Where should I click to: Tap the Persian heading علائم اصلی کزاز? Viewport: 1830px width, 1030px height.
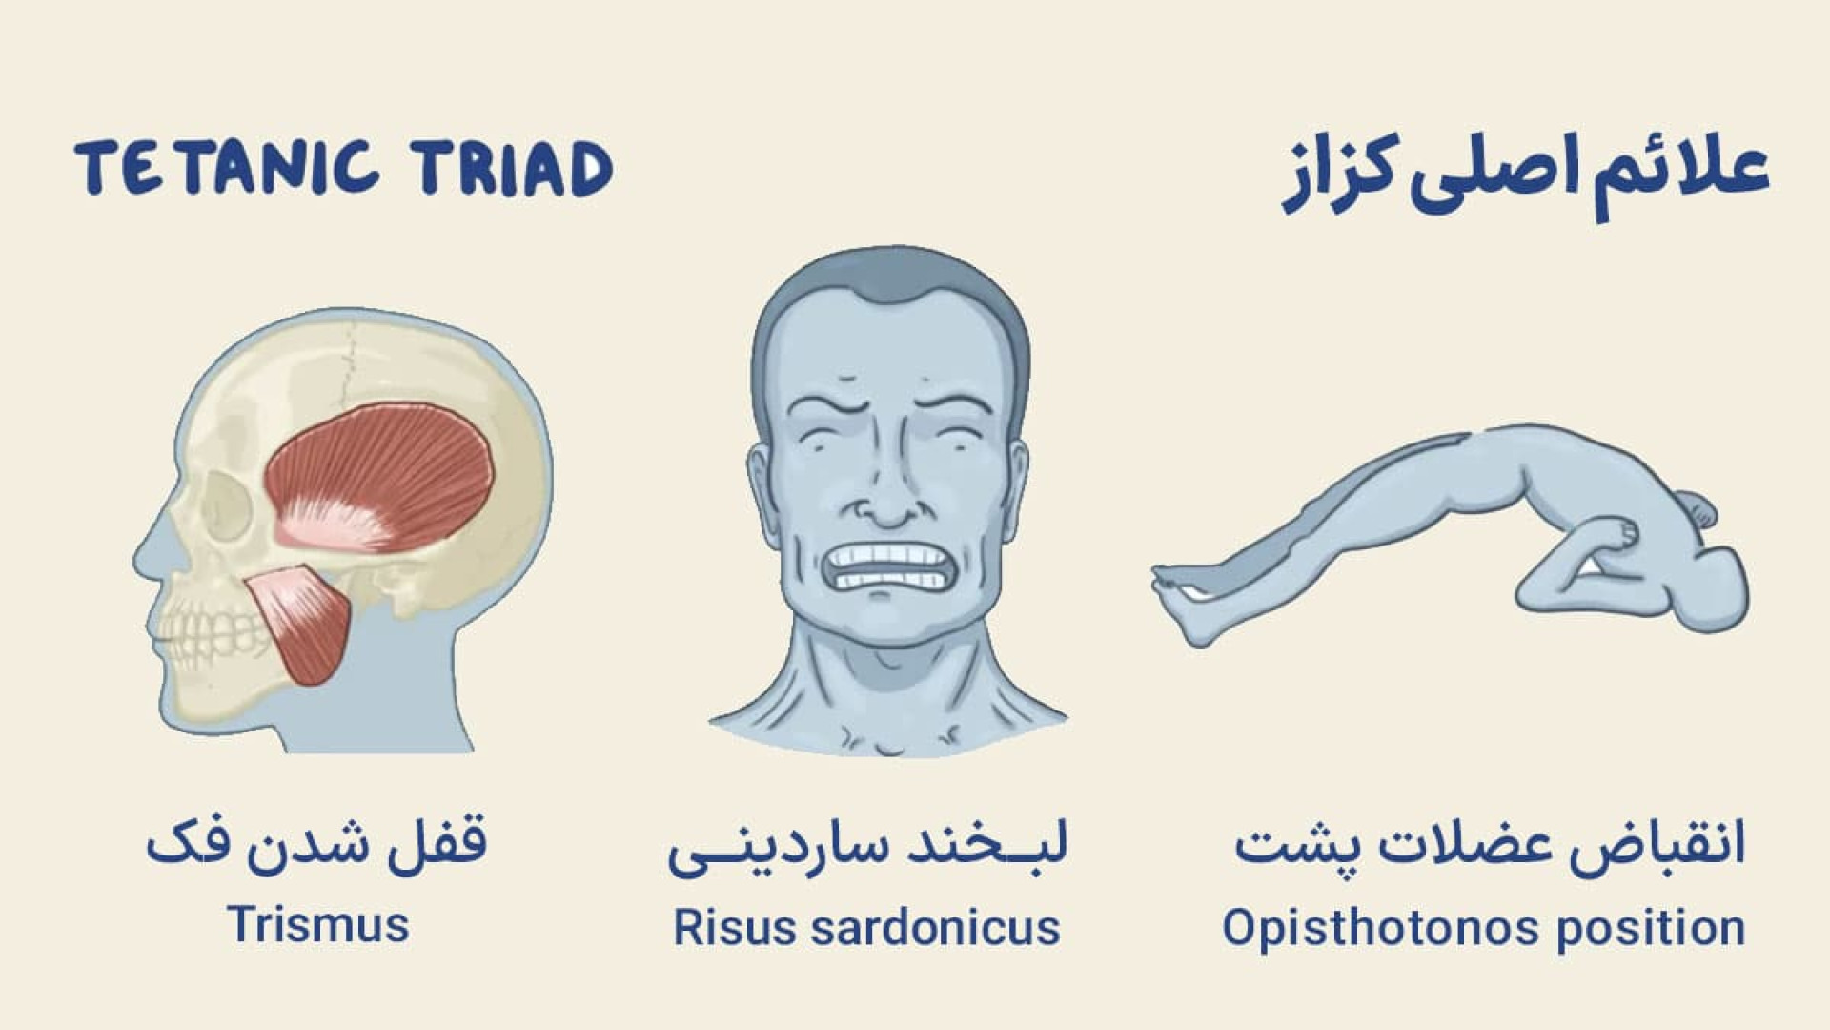click(x=1525, y=176)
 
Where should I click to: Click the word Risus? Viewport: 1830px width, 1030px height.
click(x=735, y=927)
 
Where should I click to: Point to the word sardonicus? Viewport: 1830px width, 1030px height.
click(x=935, y=927)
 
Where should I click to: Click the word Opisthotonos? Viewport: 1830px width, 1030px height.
click(x=1383, y=927)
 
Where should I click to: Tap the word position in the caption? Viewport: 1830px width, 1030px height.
click(x=1652, y=927)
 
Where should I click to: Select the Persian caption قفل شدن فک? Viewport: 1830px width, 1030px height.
click(x=316, y=844)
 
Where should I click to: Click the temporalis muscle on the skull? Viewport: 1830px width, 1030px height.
click(x=381, y=477)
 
